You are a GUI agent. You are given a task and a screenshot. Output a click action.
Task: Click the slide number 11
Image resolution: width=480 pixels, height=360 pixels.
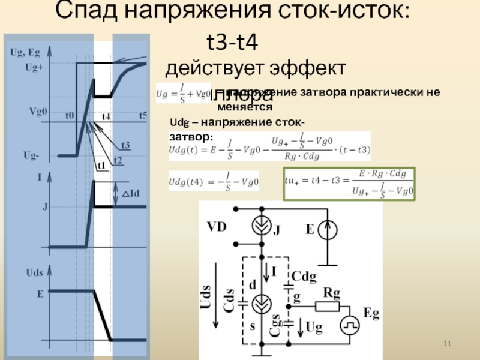(x=446, y=343)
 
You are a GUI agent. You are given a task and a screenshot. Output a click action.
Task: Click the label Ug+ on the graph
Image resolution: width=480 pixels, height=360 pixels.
(x=34, y=68)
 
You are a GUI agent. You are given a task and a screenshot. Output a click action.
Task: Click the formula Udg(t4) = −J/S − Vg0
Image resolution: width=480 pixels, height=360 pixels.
(x=214, y=182)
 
